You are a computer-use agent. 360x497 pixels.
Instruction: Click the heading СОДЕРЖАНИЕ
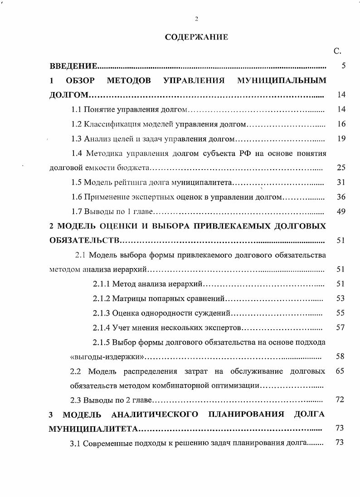196,37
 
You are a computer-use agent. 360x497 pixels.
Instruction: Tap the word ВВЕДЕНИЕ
73,66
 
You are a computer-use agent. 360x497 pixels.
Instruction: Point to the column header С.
337,51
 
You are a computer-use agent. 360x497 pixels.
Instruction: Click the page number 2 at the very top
196,19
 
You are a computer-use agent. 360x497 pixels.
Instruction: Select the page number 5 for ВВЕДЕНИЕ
344,66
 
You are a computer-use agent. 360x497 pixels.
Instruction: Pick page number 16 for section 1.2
341,124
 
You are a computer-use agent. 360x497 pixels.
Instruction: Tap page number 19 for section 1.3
341,138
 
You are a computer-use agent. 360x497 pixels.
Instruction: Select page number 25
341,167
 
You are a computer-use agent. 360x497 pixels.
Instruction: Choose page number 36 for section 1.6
341,197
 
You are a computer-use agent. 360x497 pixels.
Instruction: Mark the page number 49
341,211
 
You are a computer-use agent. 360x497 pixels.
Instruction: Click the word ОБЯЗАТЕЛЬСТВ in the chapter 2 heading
84,240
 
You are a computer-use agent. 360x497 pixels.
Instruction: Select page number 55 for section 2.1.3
341,313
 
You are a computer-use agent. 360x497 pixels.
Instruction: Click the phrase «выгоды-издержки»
107,356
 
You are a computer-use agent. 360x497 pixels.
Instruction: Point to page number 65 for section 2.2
341,371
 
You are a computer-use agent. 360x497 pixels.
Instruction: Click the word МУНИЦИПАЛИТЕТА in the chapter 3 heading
93,429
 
